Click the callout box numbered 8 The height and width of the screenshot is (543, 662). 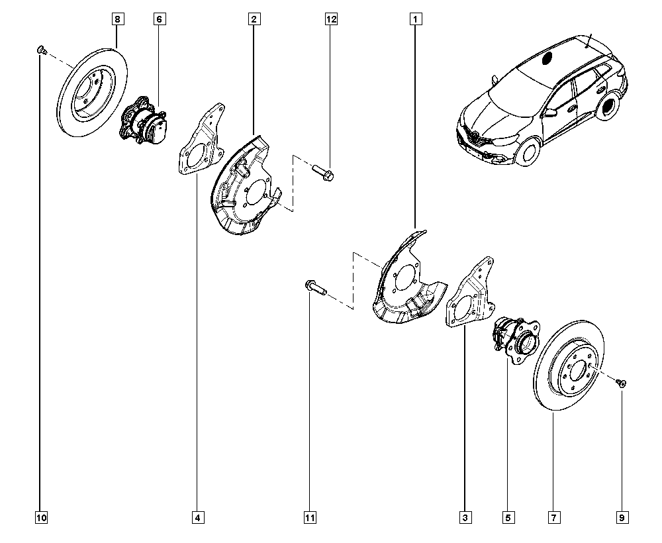[x=117, y=20]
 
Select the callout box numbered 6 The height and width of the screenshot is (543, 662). [x=159, y=20]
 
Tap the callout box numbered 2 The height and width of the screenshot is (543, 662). [x=254, y=20]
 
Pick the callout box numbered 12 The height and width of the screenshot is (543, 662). [x=331, y=20]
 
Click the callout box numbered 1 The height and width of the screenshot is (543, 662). [x=416, y=20]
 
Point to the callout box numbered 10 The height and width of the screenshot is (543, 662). [x=40, y=517]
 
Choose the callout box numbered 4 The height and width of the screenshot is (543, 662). [x=197, y=517]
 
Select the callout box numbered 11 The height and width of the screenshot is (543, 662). [x=310, y=517]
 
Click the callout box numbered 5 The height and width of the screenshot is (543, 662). [x=508, y=517]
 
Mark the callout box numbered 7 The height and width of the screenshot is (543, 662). [x=553, y=517]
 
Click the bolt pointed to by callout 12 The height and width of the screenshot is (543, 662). [x=322, y=174]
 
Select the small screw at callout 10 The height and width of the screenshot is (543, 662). [x=41, y=49]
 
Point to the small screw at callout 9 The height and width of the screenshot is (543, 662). [x=623, y=382]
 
